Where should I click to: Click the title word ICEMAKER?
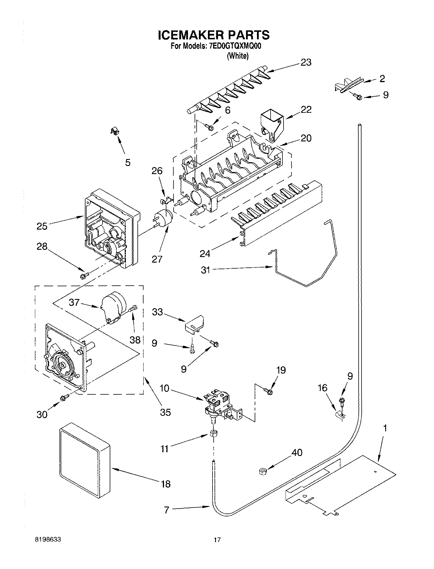click(191, 35)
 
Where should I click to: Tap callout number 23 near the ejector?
click(306, 62)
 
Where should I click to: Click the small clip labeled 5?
click(115, 132)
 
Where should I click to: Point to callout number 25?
click(42, 226)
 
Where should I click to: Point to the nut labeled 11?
click(214, 433)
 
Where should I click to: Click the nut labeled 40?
click(262, 472)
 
